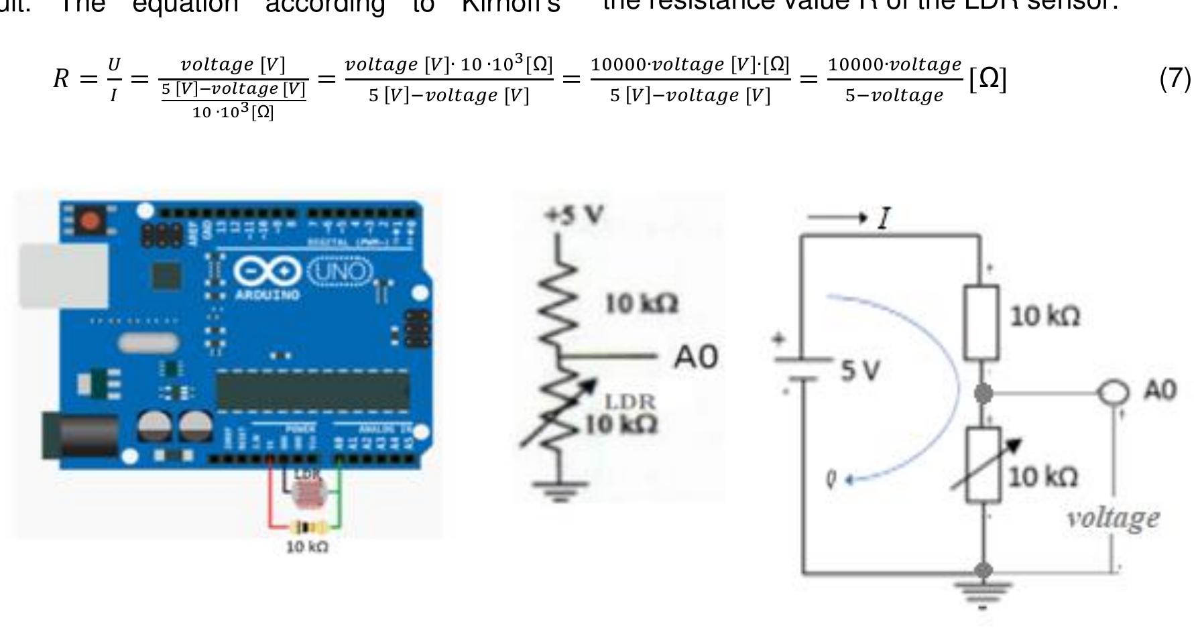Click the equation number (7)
1175,79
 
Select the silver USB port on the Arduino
64,275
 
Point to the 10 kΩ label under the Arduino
307,547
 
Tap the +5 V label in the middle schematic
574,215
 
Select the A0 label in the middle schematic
695,357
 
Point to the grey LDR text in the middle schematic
630,401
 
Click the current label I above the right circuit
884,218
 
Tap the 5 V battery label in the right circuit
860,370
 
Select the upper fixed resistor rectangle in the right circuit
981,322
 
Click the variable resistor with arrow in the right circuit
984,464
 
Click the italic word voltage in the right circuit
1113,518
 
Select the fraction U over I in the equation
114,79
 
